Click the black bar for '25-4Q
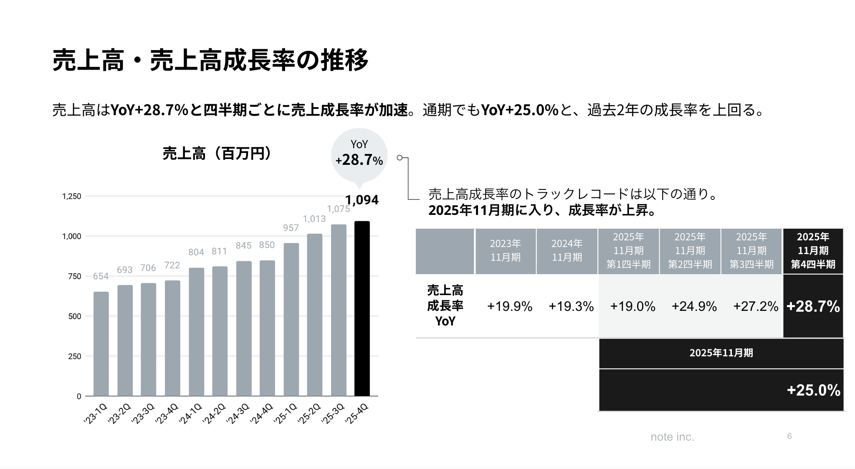coord(362,309)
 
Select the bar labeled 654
coord(101,344)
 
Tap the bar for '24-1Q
coord(196,332)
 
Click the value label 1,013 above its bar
coord(314,219)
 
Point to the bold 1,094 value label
coord(362,200)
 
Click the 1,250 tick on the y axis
coord(71,197)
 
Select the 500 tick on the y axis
coord(74,316)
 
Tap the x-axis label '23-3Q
coord(143,414)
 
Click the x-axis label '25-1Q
coord(286,414)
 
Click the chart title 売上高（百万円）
coord(218,154)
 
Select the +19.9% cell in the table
coord(509,307)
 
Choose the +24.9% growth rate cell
coord(694,307)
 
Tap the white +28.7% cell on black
coord(813,307)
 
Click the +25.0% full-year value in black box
coord(813,390)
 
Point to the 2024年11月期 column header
coord(567,250)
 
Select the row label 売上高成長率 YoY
coord(445,306)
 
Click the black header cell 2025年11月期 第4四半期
coord(813,251)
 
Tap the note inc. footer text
coord(672,437)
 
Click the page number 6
coord(789,436)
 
